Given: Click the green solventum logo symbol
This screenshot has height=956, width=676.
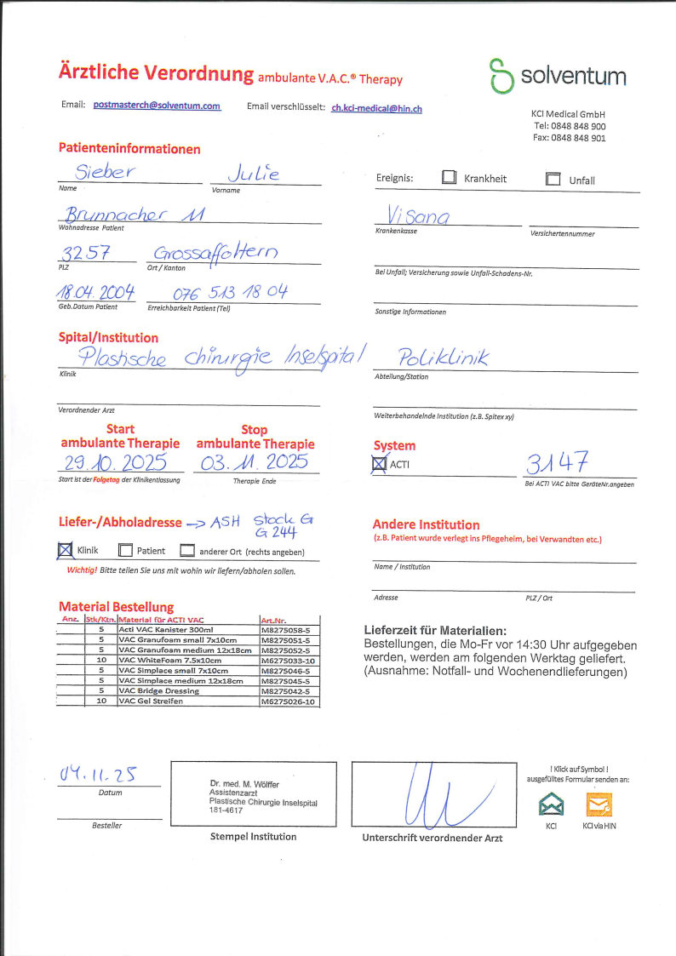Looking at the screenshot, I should click(501, 76).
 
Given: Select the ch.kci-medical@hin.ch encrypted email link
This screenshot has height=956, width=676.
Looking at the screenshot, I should click(376, 108).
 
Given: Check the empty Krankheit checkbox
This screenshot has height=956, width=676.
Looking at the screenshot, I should click(450, 179).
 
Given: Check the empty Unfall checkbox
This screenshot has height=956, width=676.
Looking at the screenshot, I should click(553, 179).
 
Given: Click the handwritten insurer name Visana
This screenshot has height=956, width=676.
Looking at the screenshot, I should click(418, 216).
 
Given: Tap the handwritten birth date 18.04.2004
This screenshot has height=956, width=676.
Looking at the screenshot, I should click(95, 293).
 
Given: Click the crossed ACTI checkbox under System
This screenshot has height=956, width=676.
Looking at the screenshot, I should click(380, 464).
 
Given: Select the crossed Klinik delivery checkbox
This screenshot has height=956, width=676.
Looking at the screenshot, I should click(66, 551).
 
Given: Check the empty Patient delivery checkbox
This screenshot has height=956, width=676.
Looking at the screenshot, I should click(125, 551).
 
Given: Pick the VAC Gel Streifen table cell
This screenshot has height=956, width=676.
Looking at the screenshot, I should click(187, 701).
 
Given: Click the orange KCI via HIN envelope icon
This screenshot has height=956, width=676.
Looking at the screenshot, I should click(599, 804).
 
